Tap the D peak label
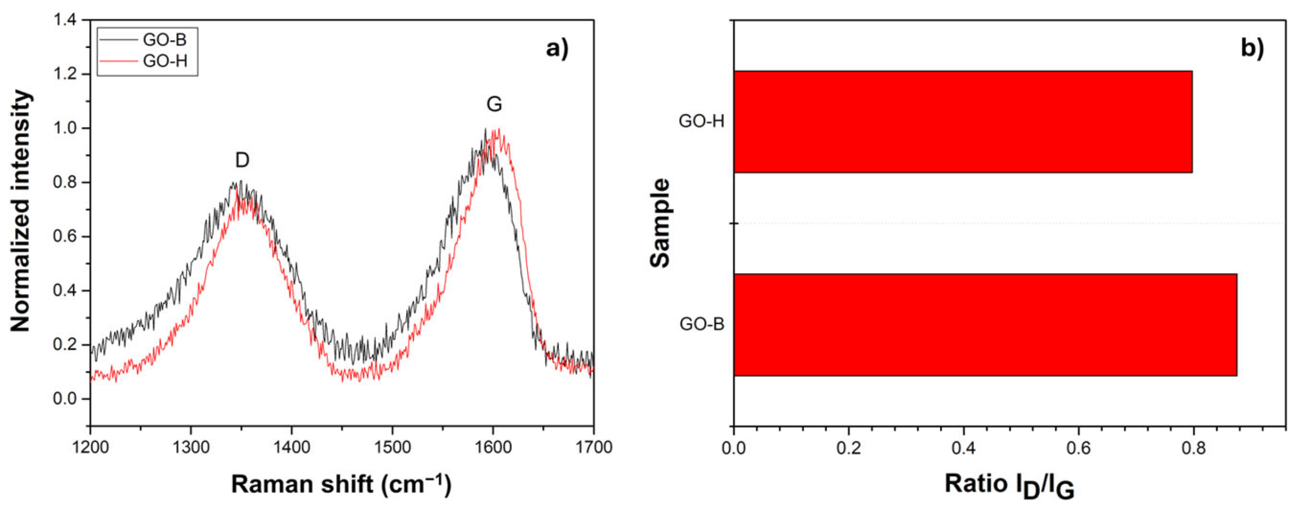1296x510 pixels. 242,160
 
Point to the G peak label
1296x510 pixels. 494,104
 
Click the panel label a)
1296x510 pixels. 557,49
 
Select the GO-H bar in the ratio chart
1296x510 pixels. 962,122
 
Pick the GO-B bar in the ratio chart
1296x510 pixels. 985,325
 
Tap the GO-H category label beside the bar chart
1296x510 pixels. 701,121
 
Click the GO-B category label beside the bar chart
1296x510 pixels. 702,324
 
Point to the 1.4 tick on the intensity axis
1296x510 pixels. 65,20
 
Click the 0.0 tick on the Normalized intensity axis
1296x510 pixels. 65,399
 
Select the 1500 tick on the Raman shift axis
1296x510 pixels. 392,448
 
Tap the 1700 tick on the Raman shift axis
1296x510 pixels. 594,448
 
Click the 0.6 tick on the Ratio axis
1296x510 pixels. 1078,449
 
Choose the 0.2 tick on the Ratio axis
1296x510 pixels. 848,449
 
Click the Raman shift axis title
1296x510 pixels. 341,485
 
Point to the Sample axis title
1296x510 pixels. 660,223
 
